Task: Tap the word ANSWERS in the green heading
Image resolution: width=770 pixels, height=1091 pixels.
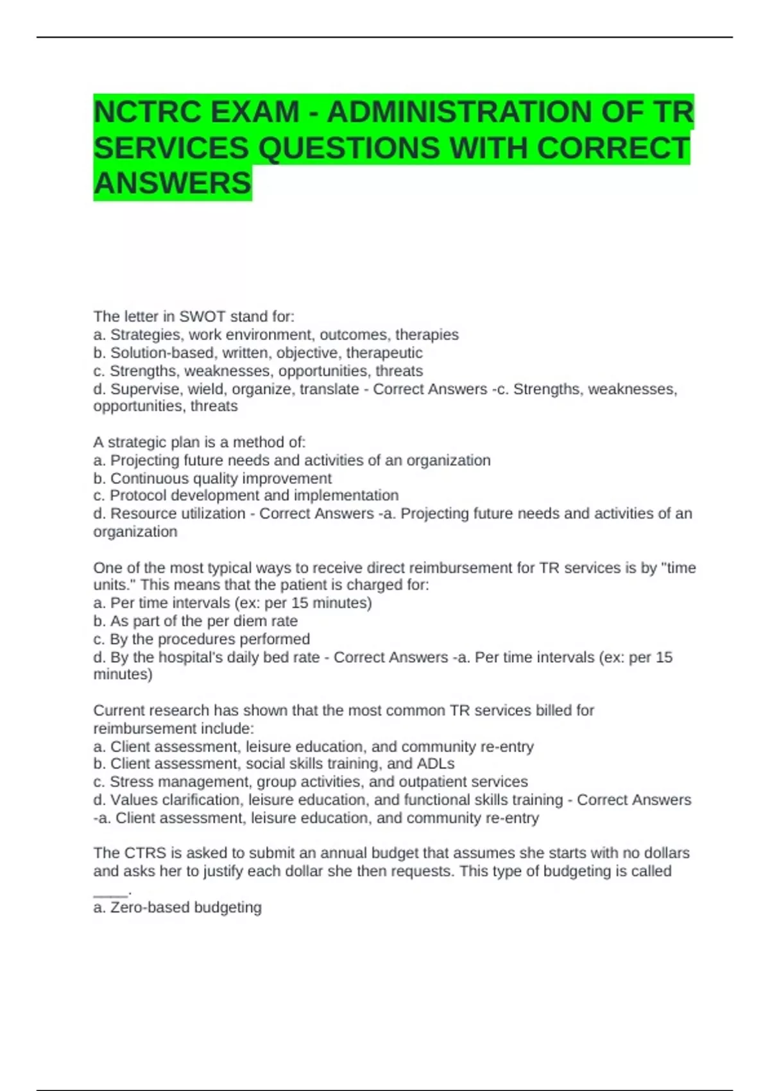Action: tap(173, 184)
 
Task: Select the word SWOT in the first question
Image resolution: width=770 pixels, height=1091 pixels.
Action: tap(202, 316)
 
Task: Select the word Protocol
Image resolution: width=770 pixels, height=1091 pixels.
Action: tap(134, 495)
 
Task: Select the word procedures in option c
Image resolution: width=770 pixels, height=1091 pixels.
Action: tap(196, 639)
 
